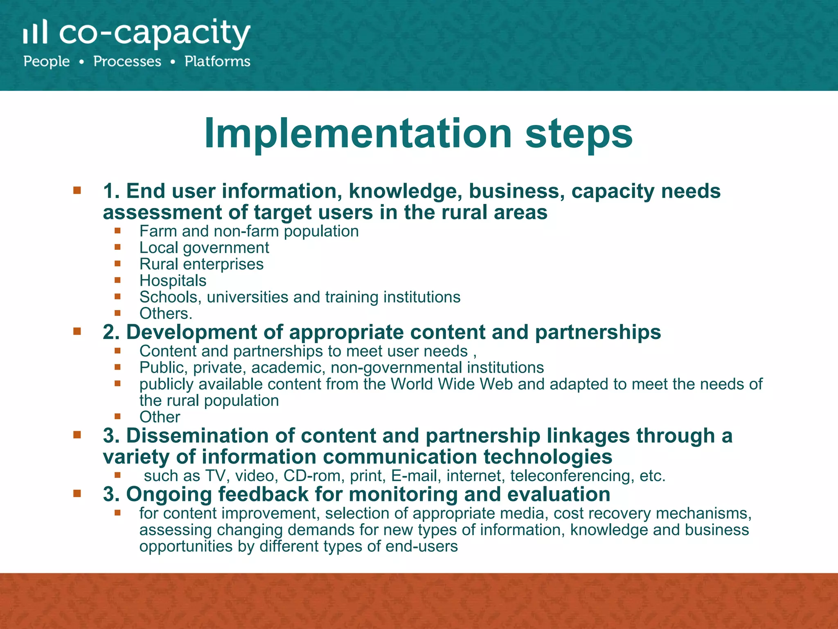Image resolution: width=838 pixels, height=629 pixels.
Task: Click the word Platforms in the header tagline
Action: (217, 61)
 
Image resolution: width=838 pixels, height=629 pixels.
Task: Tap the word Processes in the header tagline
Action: (127, 61)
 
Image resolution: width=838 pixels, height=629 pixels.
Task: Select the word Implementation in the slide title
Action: (358, 133)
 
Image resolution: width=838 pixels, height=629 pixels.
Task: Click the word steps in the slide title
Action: (579, 133)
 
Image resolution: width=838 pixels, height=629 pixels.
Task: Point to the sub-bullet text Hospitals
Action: (173, 281)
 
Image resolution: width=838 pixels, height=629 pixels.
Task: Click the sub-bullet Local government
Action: (204, 248)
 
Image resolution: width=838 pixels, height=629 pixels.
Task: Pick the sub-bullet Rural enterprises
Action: (201, 264)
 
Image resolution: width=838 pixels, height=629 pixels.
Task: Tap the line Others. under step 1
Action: (166, 313)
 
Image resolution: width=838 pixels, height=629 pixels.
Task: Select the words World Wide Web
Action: (451, 384)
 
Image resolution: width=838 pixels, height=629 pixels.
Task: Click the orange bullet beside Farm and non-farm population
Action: (118, 231)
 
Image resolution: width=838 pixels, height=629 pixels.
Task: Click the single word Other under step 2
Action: (160, 417)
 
